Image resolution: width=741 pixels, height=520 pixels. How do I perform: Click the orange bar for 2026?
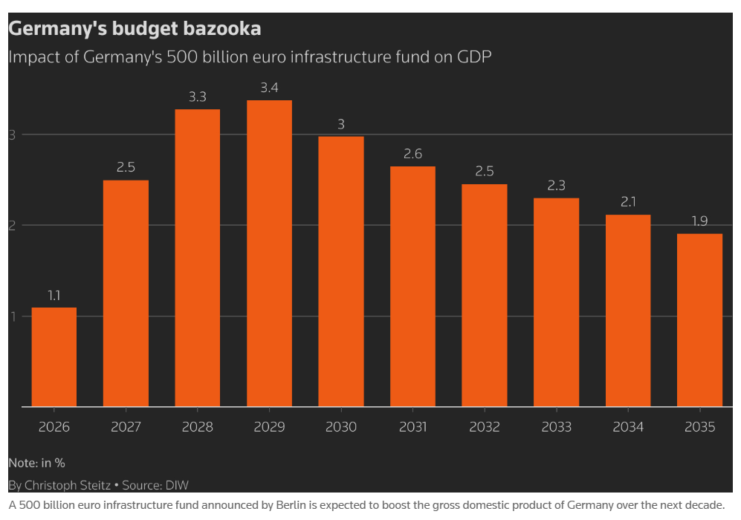point(54,357)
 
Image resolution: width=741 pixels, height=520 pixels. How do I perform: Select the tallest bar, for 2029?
point(269,253)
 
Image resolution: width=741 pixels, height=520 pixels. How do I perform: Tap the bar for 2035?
point(699,320)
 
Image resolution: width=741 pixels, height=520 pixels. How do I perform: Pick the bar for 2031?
point(412,286)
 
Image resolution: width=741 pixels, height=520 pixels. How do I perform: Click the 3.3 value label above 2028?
point(198,97)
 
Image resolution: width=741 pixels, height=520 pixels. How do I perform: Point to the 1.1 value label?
point(54,295)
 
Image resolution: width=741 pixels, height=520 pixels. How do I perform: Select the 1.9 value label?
point(699,221)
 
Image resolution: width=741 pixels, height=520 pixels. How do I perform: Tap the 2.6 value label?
point(412,154)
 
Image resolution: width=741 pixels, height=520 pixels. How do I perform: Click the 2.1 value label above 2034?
point(628,202)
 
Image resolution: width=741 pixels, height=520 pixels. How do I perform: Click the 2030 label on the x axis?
point(341,427)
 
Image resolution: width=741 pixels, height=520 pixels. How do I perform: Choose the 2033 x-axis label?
point(556,427)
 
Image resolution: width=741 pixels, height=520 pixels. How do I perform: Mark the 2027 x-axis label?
point(126,427)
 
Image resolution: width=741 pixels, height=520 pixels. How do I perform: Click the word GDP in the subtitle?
point(473,56)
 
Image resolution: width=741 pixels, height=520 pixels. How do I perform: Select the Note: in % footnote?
point(36,463)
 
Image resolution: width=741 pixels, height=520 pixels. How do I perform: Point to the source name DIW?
point(177,485)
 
